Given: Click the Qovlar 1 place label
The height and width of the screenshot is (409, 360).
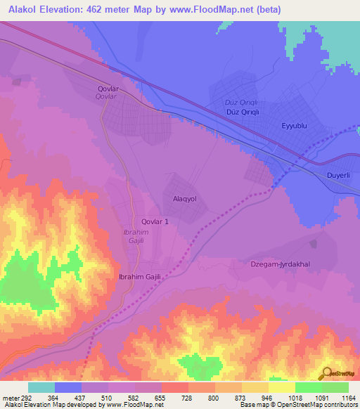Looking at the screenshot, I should tap(155, 221).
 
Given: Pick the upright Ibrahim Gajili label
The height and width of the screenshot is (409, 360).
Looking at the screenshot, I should tap(141, 277).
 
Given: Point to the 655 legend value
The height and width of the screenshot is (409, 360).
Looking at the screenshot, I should tap(161, 397).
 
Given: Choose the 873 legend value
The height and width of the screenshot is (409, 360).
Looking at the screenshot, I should tap(241, 397).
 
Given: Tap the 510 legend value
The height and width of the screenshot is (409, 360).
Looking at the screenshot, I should tap(108, 397).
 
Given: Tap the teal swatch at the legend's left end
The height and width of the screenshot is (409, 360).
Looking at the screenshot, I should tap(41, 387).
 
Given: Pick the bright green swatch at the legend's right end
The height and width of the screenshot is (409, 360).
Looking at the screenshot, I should tap(335, 387).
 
